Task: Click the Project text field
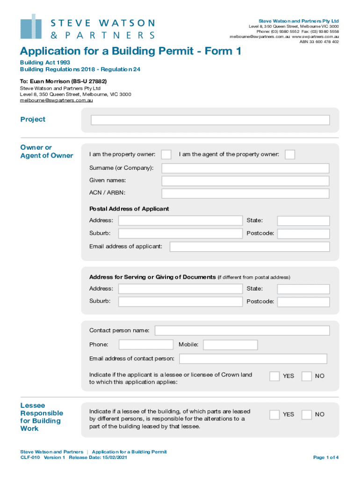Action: [x=210, y=120]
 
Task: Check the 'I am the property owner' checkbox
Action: [x=166, y=154]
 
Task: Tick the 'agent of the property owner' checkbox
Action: [x=290, y=154]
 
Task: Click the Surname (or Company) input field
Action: [x=245, y=168]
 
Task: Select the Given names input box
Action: [x=245, y=181]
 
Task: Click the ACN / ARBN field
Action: [x=245, y=194]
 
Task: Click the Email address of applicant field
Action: [x=249, y=247]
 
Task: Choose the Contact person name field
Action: [x=242, y=331]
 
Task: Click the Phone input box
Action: [x=146, y=345]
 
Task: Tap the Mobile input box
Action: [x=230, y=345]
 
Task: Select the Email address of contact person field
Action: [x=253, y=359]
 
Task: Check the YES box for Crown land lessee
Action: [x=274, y=376]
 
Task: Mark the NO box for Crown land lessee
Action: [x=307, y=376]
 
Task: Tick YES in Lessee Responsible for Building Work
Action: [x=274, y=414]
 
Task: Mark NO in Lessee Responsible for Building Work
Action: [x=307, y=414]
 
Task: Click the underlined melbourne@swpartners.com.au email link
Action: [x=56, y=100]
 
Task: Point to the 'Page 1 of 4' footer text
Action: [x=326, y=457]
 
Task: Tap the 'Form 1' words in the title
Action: [x=221, y=51]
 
